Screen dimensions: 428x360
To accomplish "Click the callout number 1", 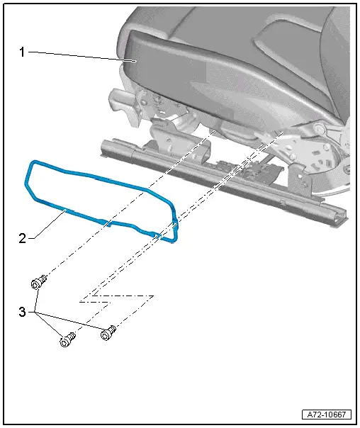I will click(22, 52).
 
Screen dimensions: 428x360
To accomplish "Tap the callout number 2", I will click(22, 238).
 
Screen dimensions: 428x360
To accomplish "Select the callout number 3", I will click(22, 310).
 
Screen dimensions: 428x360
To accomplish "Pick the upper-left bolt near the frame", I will click(38, 284).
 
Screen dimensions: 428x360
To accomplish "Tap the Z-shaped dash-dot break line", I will click(117, 298).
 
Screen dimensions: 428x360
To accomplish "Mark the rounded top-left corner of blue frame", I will click(31, 165).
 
